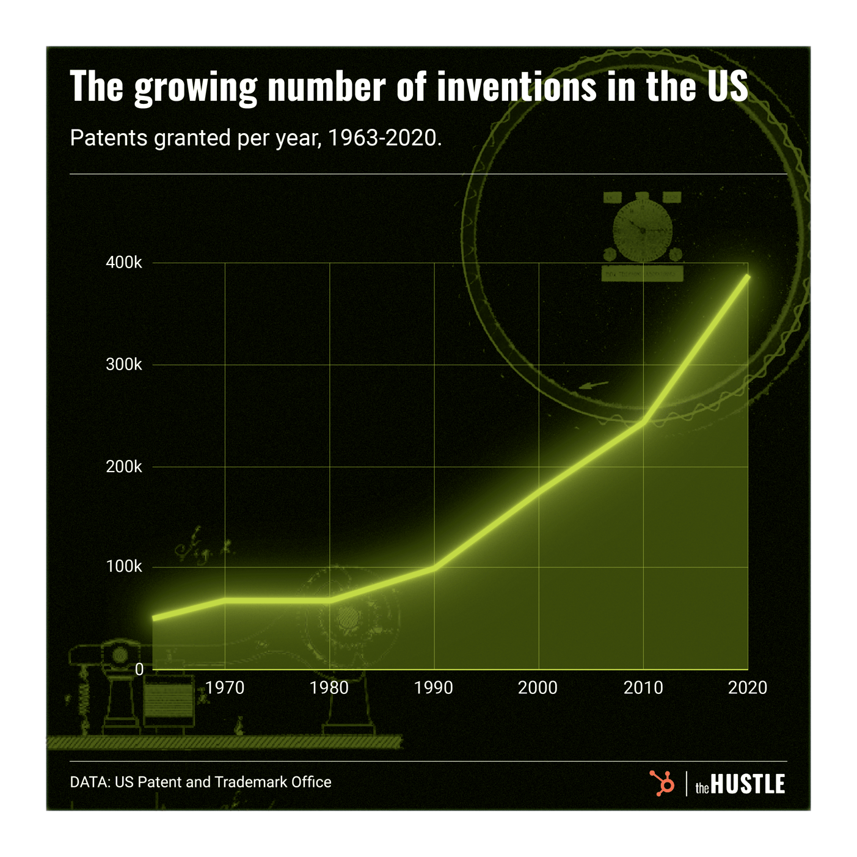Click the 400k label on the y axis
124,263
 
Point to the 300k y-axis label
124,365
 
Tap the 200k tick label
124,467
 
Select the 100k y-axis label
124,567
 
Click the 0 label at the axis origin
139,669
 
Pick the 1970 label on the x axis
225,688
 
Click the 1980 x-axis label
329,688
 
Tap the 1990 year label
434,688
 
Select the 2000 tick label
538,688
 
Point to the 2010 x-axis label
643,688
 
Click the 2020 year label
748,688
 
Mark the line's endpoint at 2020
748,277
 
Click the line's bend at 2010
643,421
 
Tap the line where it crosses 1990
434,567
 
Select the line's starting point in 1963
153,619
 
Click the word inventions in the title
516,86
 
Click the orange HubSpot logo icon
662,783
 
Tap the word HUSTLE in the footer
748,784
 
